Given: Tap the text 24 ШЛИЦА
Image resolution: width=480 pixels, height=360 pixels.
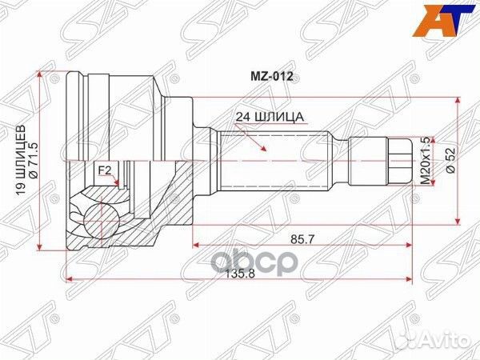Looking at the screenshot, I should pyautogui.click(x=270, y=117).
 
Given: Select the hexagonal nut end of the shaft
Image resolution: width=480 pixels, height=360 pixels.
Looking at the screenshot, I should pyautogui.click(x=398, y=160).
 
